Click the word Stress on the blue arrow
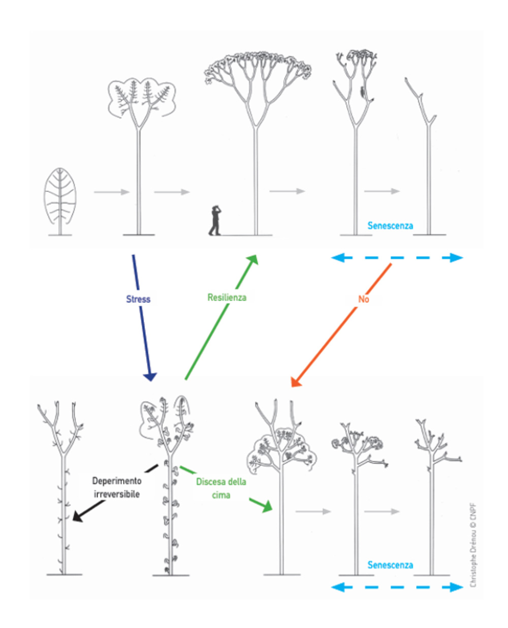pyautogui.click(x=138, y=299)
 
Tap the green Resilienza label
pyautogui.click(x=227, y=297)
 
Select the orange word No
pyautogui.click(x=363, y=300)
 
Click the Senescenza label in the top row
pyautogui.click(x=390, y=226)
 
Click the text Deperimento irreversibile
pyautogui.click(x=117, y=487)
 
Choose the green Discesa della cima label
pyautogui.click(x=221, y=488)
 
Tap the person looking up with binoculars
pyautogui.click(x=215, y=221)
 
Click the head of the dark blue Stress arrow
pyautogui.click(x=150, y=376)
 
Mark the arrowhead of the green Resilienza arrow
pyautogui.click(x=253, y=259)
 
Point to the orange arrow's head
pyautogui.click(x=295, y=382)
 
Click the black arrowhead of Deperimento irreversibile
pyautogui.click(x=78, y=517)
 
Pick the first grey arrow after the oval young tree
pyautogui.click(x=112, y=192)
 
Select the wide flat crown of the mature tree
pyautogui.click(x=258, y=66)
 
